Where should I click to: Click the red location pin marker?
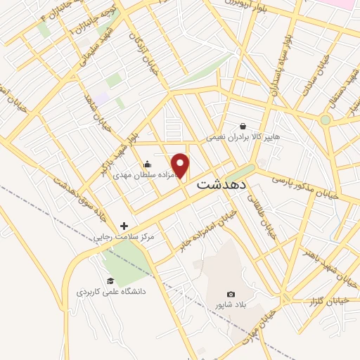pyautogui.click(x=181, y=165)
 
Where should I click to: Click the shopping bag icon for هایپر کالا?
pyautogui.click(x=243, y=126)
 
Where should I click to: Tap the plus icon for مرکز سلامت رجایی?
pyautogui.click(x=124, y=226)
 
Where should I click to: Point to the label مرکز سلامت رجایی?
pyautogui.click(x=124, y=238)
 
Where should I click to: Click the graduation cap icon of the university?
pyautogui.click(x=110, y=281)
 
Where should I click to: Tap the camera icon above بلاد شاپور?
pyautogui.click(x=231, y=294)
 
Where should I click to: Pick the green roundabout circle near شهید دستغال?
pyautogui.click(x=325, y=120)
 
